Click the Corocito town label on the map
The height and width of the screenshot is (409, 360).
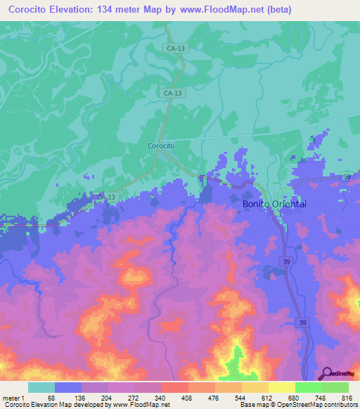point(161,145)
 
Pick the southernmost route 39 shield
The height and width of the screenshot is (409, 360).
point(302,323)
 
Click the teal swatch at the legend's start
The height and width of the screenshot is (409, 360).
point(41,387)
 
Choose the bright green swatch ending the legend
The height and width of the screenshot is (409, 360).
point(335,387)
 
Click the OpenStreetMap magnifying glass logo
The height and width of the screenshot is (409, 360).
point(326,372)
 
